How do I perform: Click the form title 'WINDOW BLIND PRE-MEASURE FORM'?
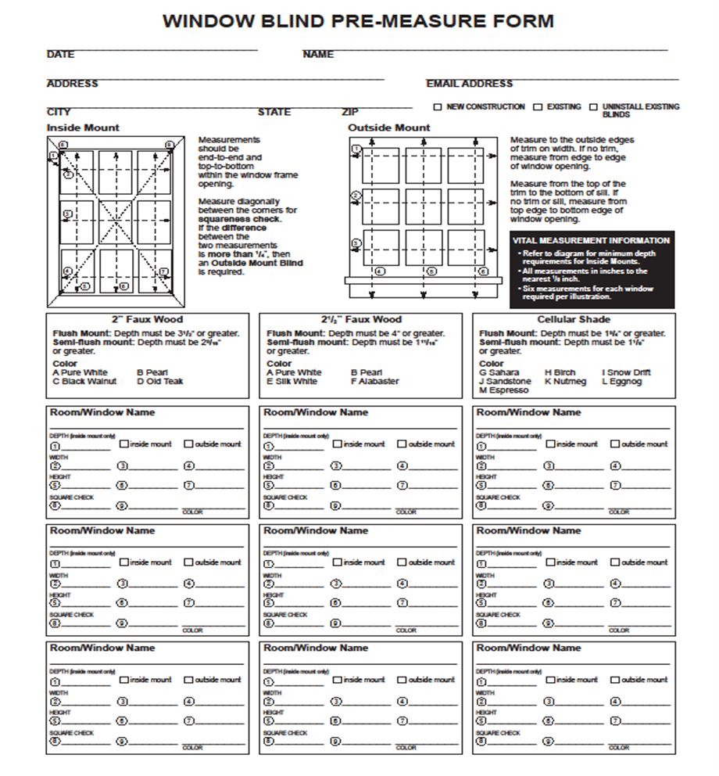point(359,21)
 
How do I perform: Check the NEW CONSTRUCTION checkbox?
point(438,107)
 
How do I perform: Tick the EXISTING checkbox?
point(538,107)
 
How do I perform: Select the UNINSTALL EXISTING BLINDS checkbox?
point(594,107)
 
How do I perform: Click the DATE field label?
point(61,55)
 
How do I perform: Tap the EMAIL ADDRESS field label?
point(469,84)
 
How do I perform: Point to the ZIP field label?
point(350,112)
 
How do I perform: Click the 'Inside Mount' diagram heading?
point(84,128)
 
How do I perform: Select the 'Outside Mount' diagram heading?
point(389,128)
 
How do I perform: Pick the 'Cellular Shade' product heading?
point(574,319)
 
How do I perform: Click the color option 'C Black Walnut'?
point(84,382)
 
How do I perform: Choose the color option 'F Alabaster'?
point(374,382)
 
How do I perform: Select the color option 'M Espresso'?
point(503,390)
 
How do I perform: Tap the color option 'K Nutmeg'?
point(565,382)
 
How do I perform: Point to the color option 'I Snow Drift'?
point(626,372)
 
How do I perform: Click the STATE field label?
point(274,112)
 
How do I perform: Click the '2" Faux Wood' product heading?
point(147,319)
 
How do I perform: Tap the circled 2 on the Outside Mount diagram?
point(356,196)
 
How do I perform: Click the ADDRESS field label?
point(73,84)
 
